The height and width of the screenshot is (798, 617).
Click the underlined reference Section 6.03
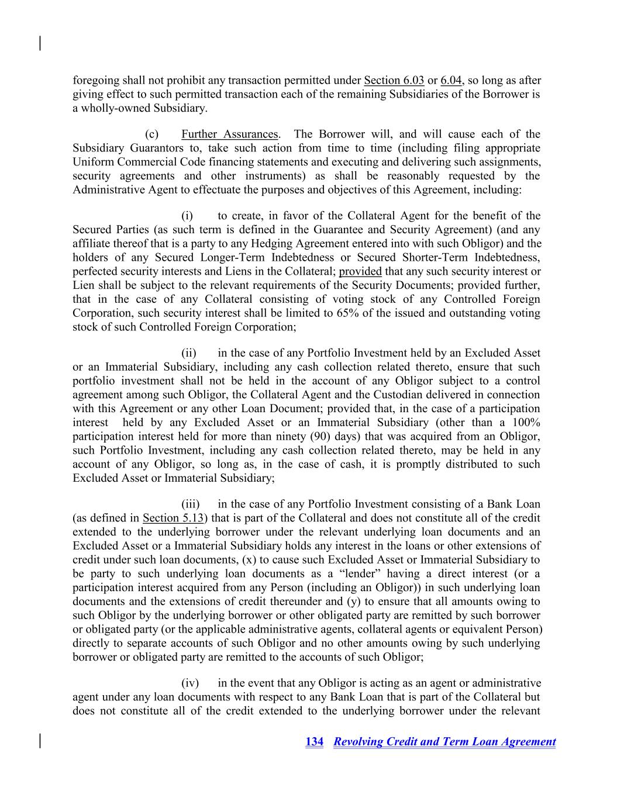pos(394,80)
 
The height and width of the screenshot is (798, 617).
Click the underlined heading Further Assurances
pos(229,134)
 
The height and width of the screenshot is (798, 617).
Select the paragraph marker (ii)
pos(189,353)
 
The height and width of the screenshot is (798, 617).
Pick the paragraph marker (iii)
pos(191,504)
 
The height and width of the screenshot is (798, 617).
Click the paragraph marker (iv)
pos(190,683)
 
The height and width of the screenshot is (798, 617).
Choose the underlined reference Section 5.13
pos(173,518)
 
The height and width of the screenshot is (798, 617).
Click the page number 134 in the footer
pos(314,742)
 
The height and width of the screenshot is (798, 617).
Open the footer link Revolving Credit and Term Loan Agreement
pos(444,742)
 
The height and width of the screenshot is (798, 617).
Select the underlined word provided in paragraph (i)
pos(360,271)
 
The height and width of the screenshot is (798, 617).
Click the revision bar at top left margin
pos(40,43)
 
